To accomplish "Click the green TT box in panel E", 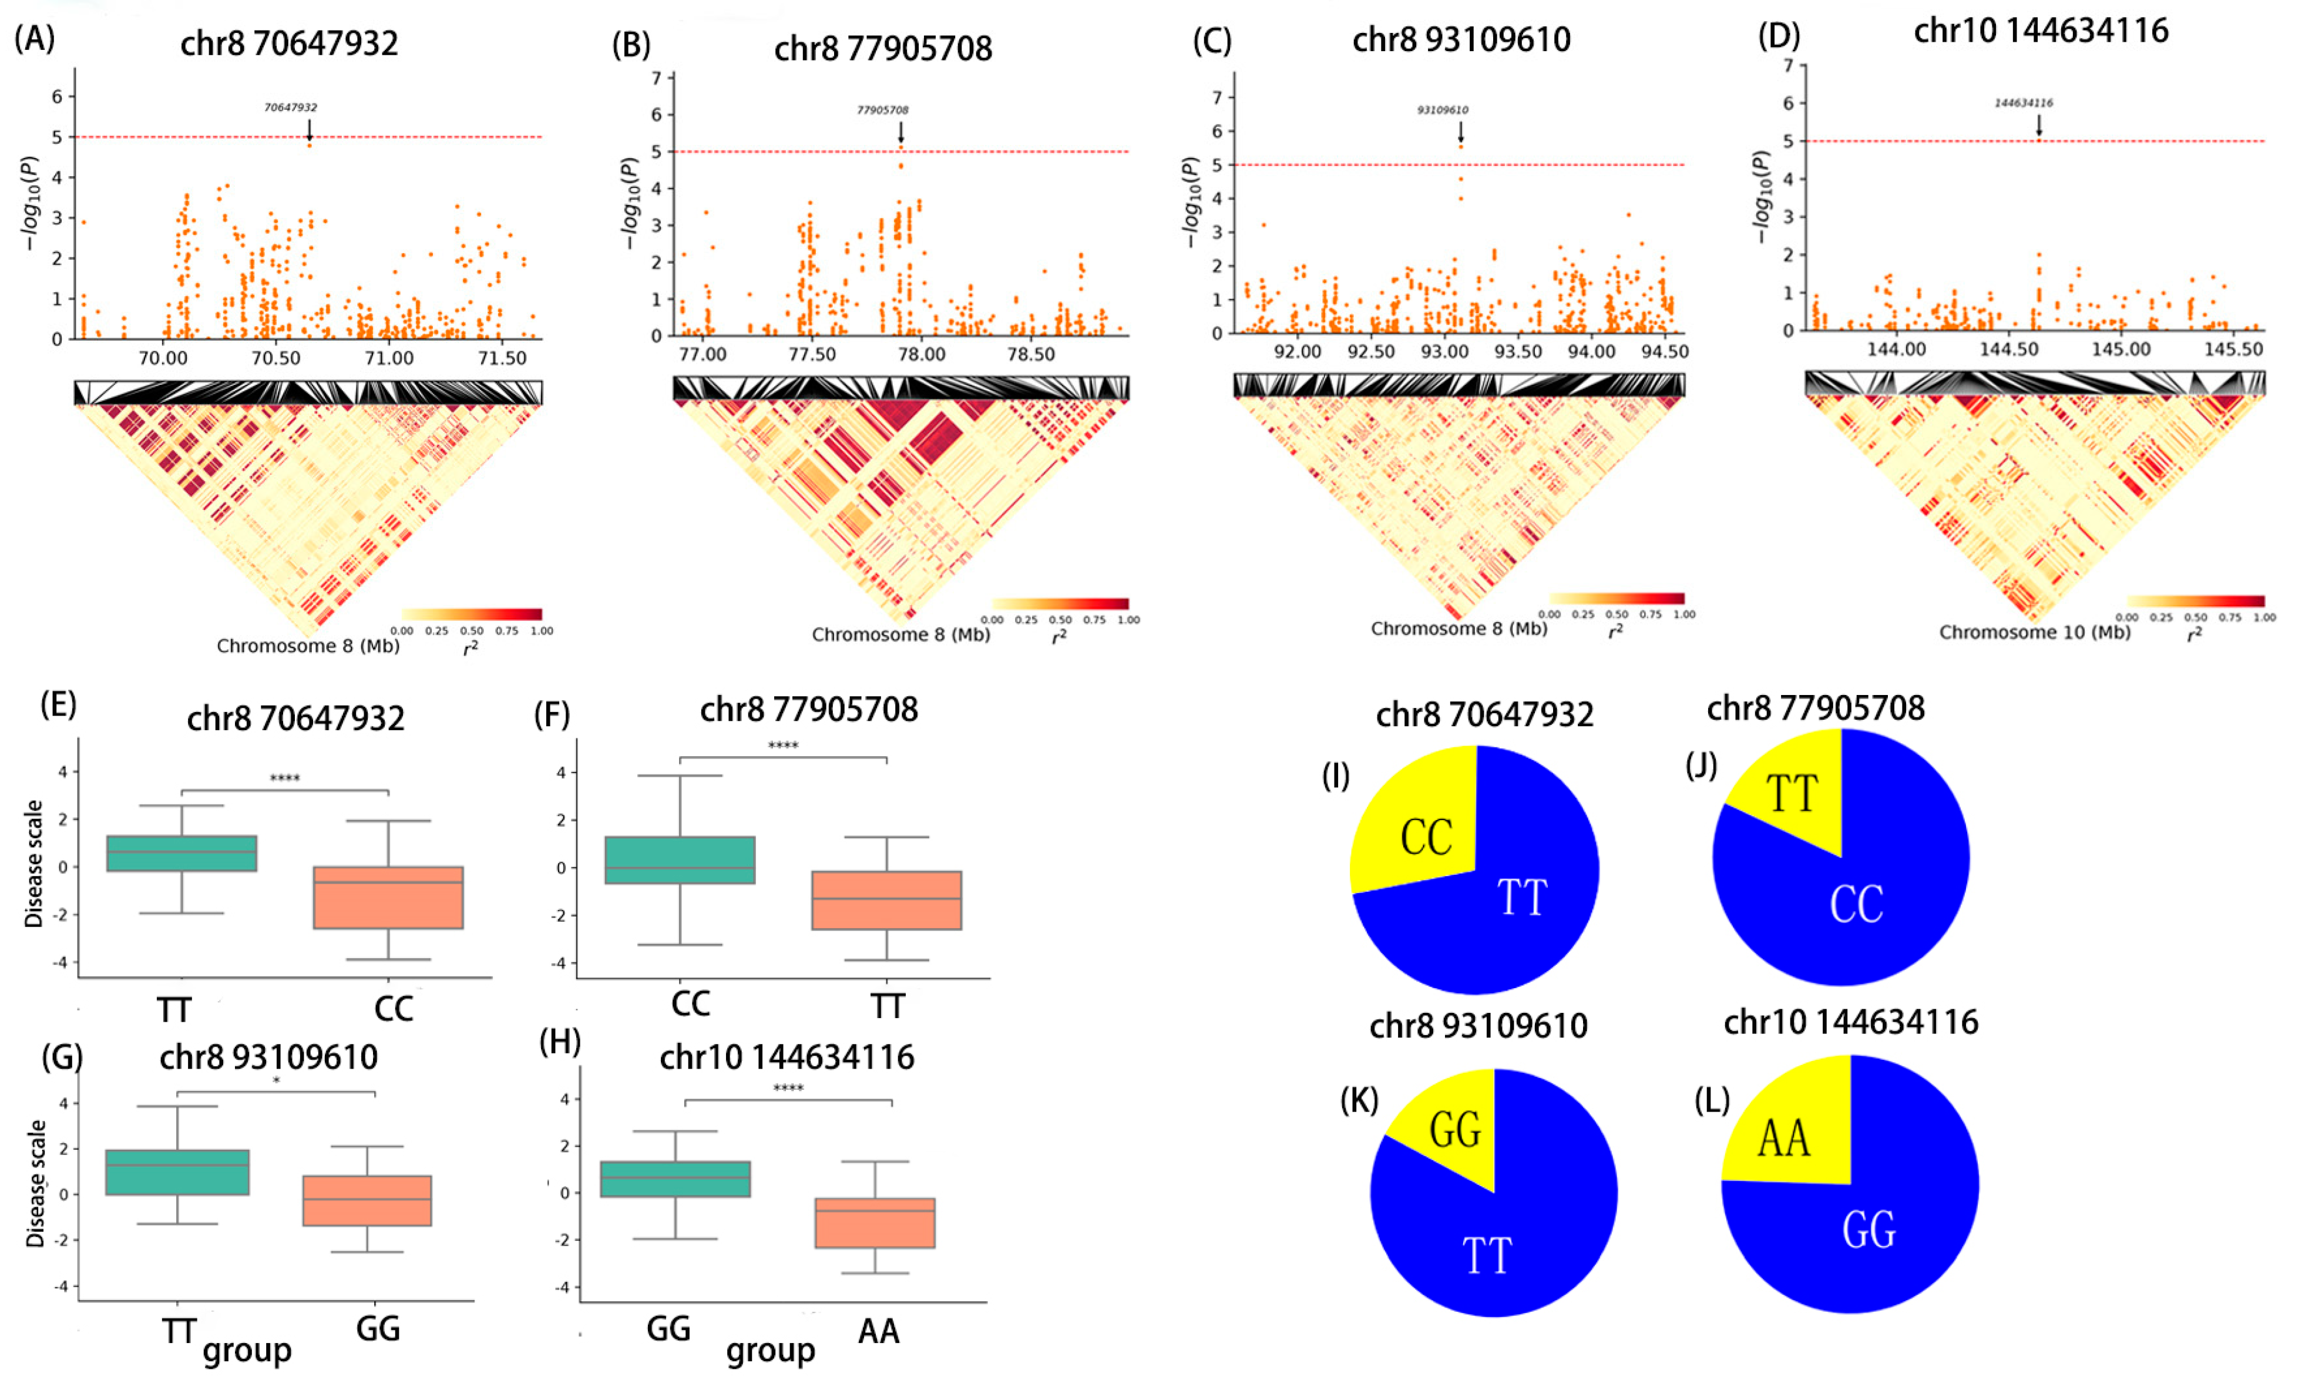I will click(x=182, y=853).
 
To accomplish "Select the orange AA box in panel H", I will click(x=875, y=1223).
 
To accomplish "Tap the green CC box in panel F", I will click(x=680, y=859).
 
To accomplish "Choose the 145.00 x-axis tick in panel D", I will click(x=2120, y=350).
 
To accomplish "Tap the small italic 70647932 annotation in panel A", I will click(x=291, y=108).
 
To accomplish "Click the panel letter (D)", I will click(x=1779, y=35).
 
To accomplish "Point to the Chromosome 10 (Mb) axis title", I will click(x=2035, y=632).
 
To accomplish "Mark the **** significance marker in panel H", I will click(x=788, y=1088).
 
